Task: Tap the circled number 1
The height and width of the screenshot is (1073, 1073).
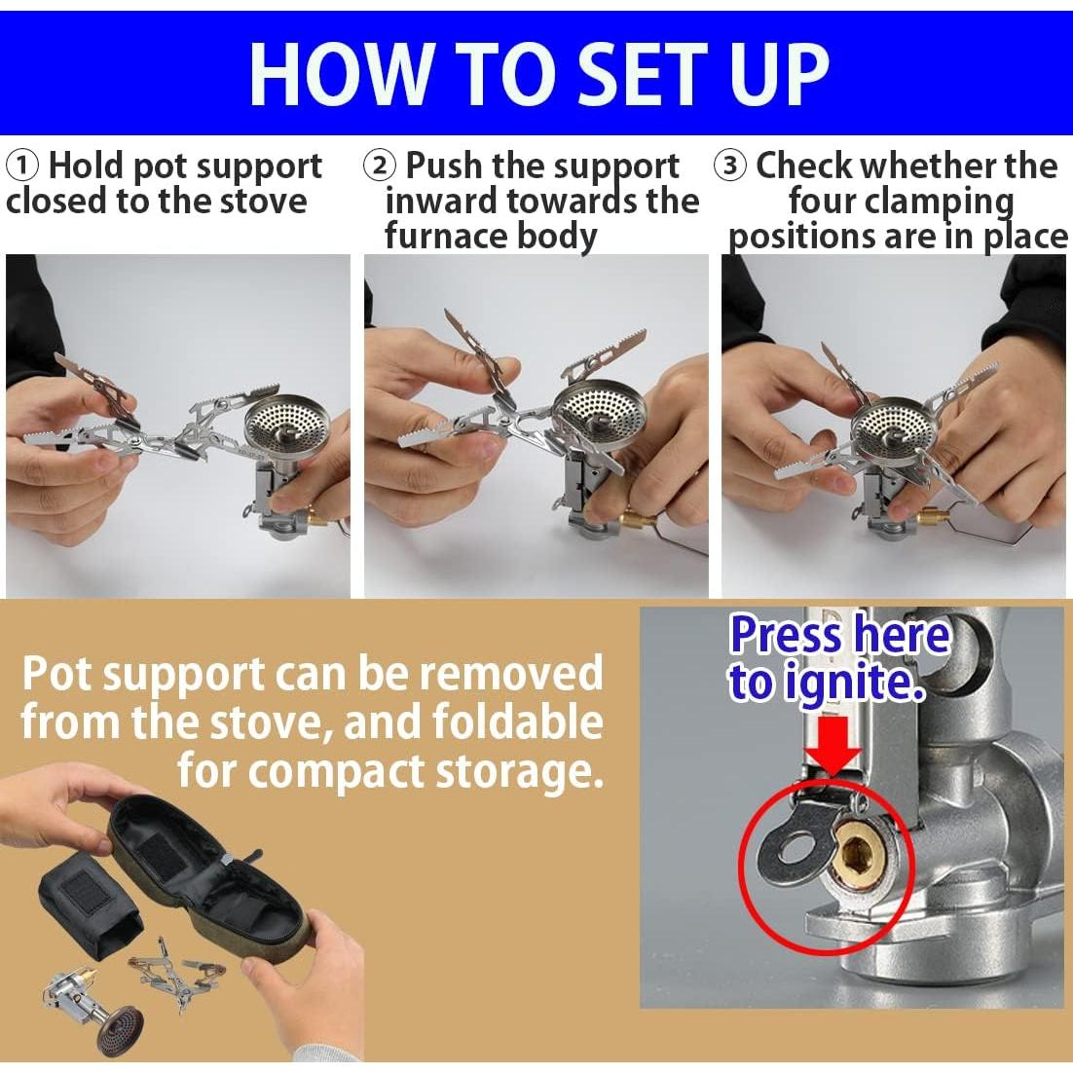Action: (21, 166)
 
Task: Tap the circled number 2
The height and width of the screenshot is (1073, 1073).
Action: (379, 166)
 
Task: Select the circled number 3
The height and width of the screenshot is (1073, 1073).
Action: (730, 166)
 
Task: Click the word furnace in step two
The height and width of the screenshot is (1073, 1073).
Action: (446, 236)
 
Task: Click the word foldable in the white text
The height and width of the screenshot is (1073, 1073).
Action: (517, 721)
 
